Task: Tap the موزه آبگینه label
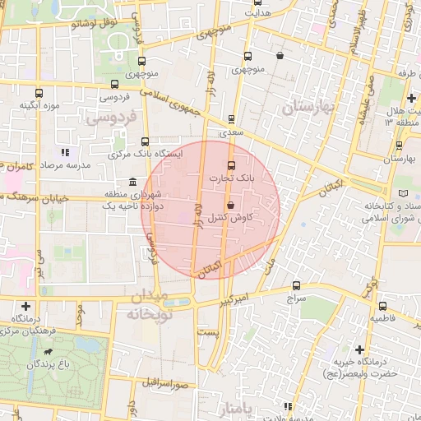point(38,106)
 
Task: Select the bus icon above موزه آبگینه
point(39,93)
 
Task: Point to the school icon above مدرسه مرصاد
point(65,152)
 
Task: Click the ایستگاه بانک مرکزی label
point(145,154)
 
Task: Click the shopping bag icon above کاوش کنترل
point(229,205)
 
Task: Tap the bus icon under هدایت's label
point(248,57)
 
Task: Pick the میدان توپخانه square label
point(148,304)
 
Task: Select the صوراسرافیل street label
point(165,383)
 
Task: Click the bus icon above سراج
point(296,285)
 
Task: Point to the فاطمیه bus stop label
point(384,317)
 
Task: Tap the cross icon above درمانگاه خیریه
point(359,349)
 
